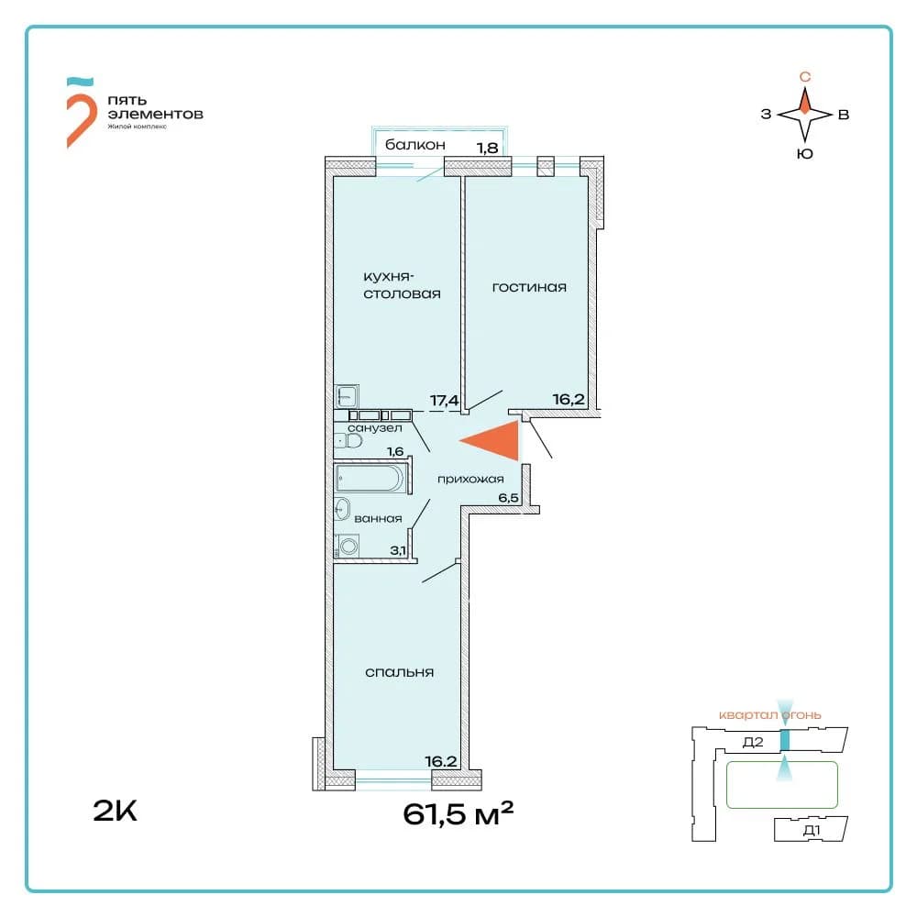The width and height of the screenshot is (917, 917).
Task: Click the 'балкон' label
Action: click(415, 145)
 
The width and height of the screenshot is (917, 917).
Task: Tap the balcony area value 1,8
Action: click(488, 148)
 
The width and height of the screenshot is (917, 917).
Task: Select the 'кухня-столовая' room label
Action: click(402, 285)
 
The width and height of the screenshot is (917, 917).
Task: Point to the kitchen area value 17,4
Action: click(445, 401)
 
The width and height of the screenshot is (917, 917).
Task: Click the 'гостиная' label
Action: click(529, 287)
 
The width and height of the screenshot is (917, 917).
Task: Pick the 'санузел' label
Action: click(375, 428)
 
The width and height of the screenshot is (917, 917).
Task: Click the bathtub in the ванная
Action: click(370, 479)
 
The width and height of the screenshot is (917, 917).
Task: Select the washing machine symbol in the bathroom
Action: click(348, 547)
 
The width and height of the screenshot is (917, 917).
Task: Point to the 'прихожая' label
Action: click(470, 480)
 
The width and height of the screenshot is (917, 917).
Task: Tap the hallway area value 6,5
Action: click(508, 498)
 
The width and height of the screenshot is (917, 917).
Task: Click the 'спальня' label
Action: click(400, 672)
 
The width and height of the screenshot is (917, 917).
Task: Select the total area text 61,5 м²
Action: click(458, 813)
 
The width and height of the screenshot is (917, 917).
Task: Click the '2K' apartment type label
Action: click(116, 811)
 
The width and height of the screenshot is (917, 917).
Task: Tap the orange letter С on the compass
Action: click(805, 77)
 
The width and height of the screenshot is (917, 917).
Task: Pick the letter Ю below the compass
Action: click(805, 154)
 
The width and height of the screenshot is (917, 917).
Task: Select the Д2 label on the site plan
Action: click(753, 742)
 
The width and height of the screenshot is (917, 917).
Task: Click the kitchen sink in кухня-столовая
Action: click(347, 396)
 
